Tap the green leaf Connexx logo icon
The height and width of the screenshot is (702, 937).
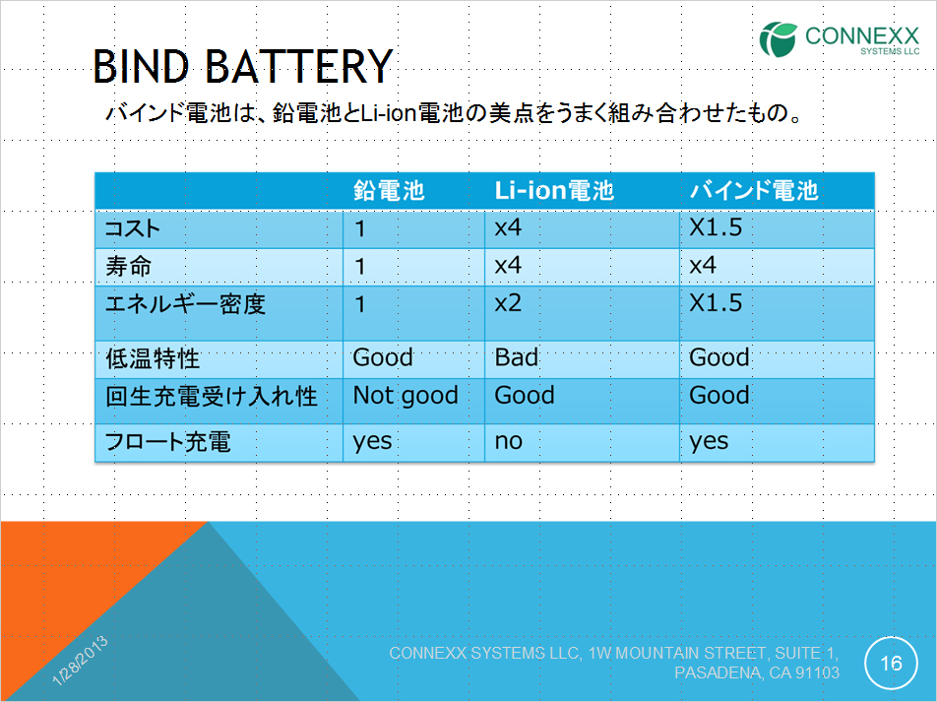point(778,39)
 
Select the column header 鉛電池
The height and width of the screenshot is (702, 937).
point(389,190)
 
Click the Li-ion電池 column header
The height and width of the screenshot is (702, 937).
point(554,190)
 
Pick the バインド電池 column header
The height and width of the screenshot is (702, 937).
point(754,190)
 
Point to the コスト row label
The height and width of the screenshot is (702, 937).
point(133,228)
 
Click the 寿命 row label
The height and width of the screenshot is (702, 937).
point(129,266)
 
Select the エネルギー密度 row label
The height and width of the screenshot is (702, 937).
point(185,304)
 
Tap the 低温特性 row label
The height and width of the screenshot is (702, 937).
point(153,358)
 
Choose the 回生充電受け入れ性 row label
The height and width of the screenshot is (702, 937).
point(211,396)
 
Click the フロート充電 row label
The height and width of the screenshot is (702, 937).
point(168,442)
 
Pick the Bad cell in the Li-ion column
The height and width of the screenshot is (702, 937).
point(517,357)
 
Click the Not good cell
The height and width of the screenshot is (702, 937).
point(406,395)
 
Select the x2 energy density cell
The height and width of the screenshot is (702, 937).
point(508,303)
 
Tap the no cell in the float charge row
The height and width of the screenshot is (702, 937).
point(509,441)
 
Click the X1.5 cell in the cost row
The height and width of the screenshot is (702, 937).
point(716,227)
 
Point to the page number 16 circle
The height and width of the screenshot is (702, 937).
point(891,664)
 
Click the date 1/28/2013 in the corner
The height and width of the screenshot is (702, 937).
point(80,660)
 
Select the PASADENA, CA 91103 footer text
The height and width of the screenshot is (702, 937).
point(757,672)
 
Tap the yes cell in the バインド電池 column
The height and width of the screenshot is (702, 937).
point(709,442)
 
